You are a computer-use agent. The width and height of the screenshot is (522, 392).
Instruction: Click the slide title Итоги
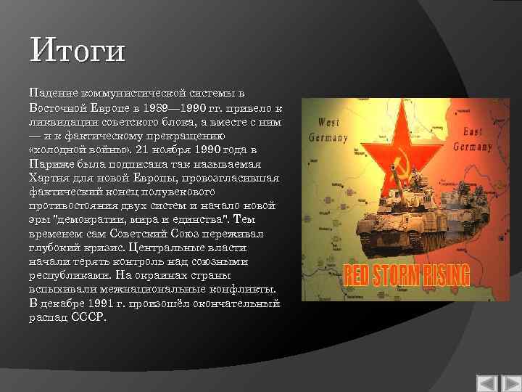point(78,52)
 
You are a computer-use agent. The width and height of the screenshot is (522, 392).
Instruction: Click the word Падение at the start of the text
point(51,94)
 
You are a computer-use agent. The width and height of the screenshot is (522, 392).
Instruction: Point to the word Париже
point(51,164)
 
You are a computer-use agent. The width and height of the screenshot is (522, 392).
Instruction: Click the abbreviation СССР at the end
point(89,317)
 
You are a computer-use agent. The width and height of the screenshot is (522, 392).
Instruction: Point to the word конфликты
point(246,290)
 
